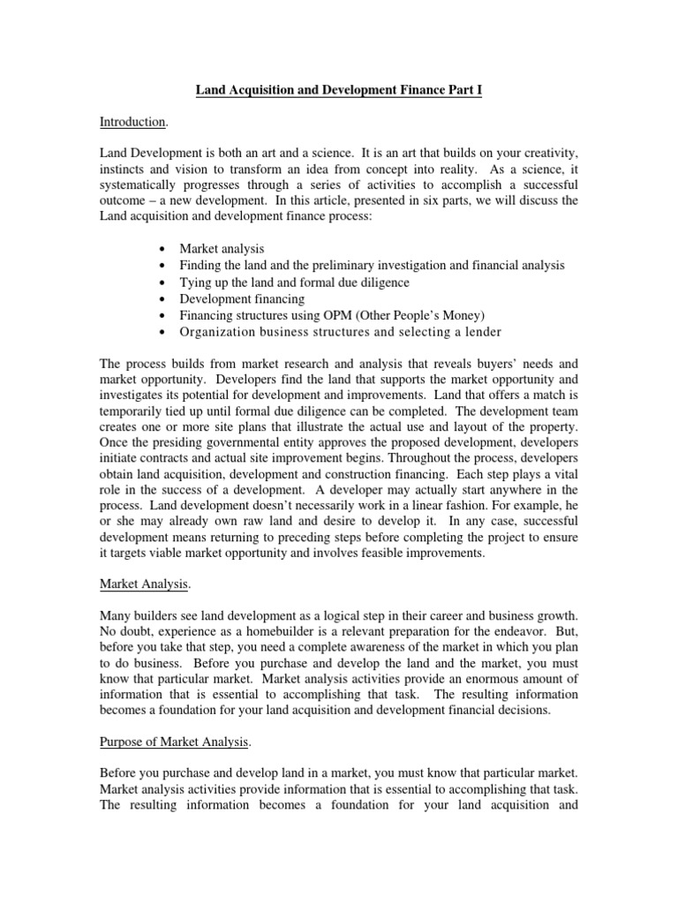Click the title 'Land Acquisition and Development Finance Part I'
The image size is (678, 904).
click(338, 90)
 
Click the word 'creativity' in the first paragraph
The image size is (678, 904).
click(549, 154)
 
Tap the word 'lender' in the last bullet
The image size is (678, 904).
click(480, 331)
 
